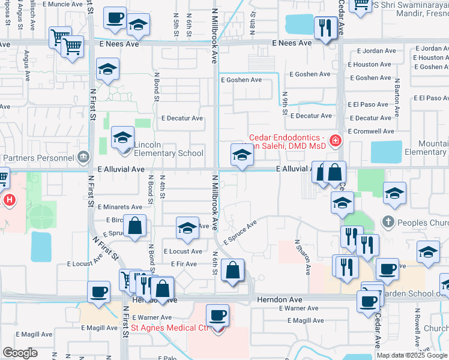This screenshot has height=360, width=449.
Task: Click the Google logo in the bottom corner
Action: (x=20, y=353)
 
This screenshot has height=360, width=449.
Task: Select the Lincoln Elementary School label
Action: (x=169, y=153)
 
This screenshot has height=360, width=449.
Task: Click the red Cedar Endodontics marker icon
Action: (x=335, y=141)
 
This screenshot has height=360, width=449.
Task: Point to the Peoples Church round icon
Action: (x=388, y=222)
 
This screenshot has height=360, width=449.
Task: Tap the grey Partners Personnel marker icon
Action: (x=83, y=158)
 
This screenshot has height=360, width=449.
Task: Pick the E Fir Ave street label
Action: (x=184, y=263)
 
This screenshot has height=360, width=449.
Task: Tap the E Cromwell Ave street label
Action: (x=371, y=131)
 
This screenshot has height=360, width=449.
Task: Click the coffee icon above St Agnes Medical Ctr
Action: (x=217, y=314)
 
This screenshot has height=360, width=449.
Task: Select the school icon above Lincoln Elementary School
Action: (x=122, y=137)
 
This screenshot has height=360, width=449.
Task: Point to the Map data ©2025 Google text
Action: (x=412, y=355)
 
